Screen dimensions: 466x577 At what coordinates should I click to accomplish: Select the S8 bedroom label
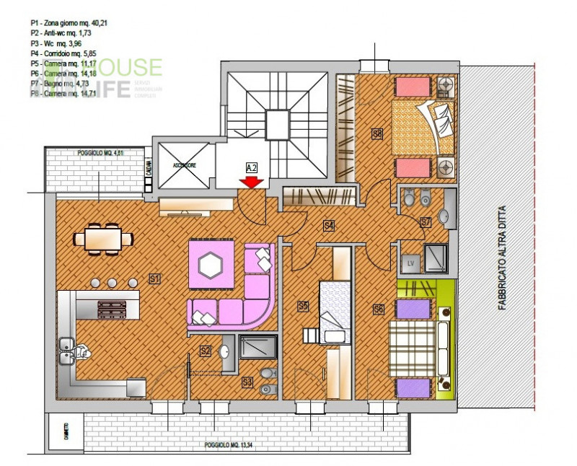(x=376, y=133)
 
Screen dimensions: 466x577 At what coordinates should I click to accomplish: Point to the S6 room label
(x=377, y=309)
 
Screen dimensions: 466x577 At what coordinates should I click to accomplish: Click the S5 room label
(x=303, y=307)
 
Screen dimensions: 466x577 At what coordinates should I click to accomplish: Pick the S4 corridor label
(x=329, y=226)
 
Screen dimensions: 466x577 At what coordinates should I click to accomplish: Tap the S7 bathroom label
(x=426, y=221)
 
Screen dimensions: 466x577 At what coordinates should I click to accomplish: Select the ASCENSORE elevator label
(x=185, y=165)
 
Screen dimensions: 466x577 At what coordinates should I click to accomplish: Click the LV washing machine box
(x=412, y=263)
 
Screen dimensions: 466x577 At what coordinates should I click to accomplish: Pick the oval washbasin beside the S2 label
(x=225, y=352)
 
